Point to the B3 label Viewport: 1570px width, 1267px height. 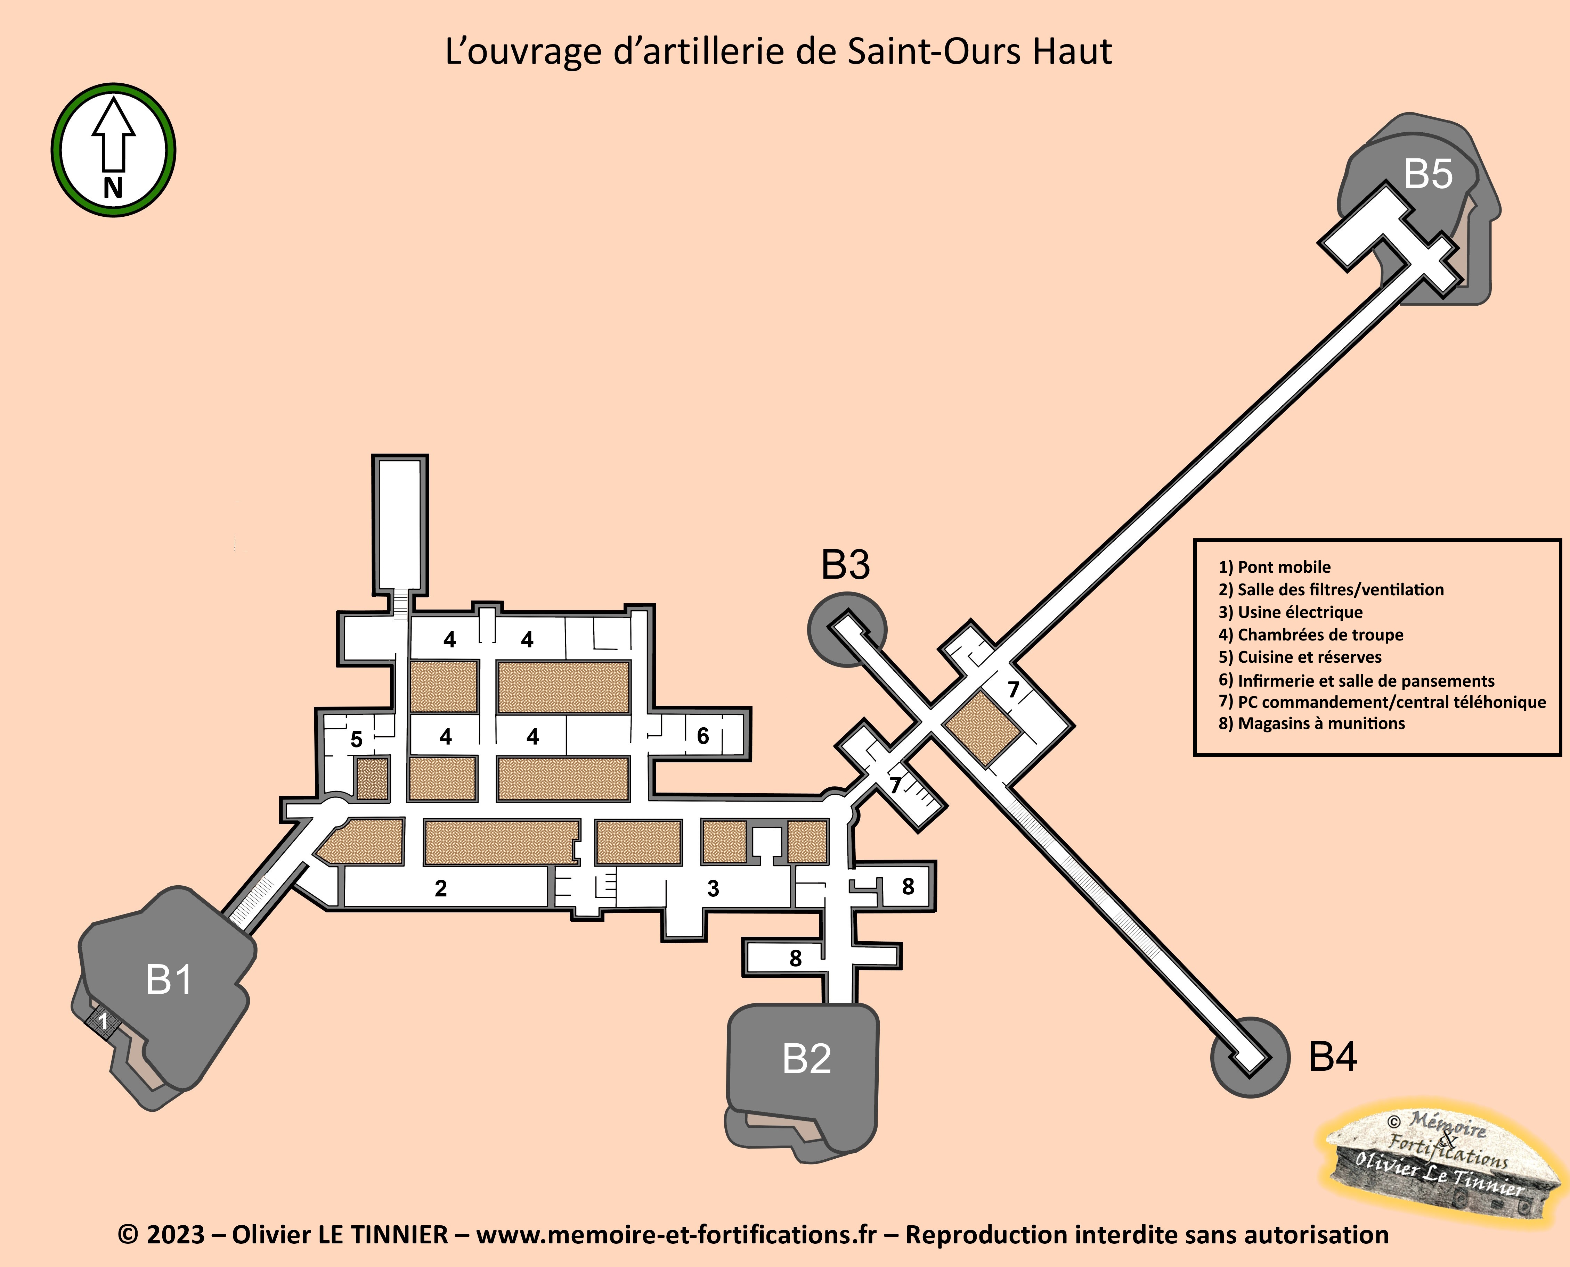(846, 565)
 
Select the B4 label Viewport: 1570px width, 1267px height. (1333, 1057)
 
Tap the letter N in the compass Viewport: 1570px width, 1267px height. (113, 188)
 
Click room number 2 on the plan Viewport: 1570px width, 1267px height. (440, 888)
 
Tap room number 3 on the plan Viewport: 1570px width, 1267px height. (713, 888)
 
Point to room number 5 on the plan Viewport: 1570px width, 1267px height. (356, 739)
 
